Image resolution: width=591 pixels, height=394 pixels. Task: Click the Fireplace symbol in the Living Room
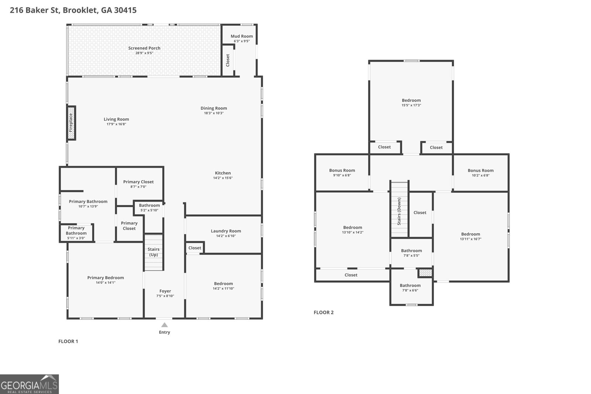71,123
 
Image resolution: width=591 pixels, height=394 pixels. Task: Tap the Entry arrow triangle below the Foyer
164,325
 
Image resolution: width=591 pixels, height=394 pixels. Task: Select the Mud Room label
242,36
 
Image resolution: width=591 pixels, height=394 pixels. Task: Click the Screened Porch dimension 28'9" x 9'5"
144,53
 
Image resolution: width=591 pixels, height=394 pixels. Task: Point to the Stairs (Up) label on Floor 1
153,252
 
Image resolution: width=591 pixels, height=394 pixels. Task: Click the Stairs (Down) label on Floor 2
399,211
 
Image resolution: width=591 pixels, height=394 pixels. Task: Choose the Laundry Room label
226,231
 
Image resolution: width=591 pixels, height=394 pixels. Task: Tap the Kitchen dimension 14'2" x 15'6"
223,178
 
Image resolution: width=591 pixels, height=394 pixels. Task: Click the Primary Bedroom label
106,278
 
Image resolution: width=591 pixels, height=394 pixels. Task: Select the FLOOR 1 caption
68,341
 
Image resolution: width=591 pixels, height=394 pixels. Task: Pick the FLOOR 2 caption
324,312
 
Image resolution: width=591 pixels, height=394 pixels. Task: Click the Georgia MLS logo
29,384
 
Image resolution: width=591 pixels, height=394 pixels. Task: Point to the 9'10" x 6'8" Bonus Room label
342,171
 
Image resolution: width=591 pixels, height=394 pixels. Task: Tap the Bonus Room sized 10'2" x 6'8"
480,171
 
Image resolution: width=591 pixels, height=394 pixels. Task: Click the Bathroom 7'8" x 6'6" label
410,285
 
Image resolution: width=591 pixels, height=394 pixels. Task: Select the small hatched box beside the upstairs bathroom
425,273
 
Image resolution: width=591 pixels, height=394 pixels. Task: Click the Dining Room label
213,108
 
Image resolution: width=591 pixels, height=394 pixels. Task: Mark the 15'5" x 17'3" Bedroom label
411,100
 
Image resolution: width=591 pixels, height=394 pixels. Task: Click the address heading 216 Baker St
73,10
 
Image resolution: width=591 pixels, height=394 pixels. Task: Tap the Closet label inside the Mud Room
228,60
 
